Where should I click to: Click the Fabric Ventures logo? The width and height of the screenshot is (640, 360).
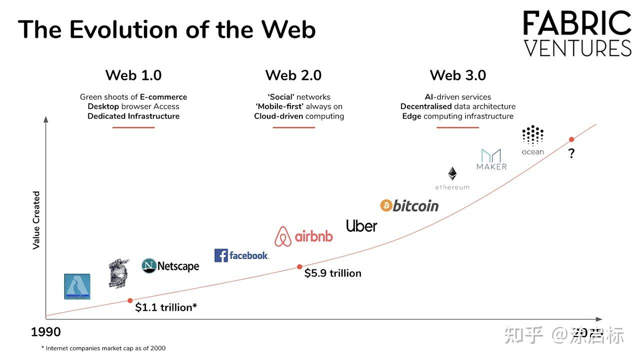click(x=577, y=34)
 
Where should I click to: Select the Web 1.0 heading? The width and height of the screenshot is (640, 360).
click(x=133, y=75)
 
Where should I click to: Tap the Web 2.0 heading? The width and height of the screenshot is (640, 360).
click(x=293, y=75)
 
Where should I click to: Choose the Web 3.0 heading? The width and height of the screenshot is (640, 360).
click(x=458, y=75)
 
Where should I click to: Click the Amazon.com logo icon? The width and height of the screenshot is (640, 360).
click(x=77, y=286)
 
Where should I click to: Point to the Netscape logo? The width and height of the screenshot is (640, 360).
click(x=170, y=266)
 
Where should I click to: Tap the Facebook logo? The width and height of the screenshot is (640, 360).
click(x=241, y=255)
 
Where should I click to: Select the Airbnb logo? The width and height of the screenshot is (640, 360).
click(x=303, y=236)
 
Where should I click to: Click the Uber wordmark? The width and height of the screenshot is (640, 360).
click(x=361, y=226)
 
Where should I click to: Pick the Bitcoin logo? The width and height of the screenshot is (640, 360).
click(x=409, y=205)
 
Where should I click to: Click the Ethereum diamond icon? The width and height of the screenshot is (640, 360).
click(x=452, y=173)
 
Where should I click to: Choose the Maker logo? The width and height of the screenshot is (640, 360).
click(x=491, y=159)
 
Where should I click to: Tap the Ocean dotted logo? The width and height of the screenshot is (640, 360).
click(x=532, y=135)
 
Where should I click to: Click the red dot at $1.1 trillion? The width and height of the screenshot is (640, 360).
click(x=130, y=300)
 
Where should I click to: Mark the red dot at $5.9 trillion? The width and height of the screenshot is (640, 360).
click(x=299, y=267)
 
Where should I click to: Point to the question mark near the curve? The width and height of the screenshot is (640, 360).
click(x=571, y=154)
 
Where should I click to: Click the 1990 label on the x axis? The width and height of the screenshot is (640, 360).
click(x=46, y=332)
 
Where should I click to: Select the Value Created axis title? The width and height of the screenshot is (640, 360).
click(x=36, y=220)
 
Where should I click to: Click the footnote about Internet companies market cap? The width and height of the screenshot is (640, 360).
click(x=103, y=348)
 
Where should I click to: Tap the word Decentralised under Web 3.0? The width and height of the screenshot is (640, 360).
click(x=426, y=106)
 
